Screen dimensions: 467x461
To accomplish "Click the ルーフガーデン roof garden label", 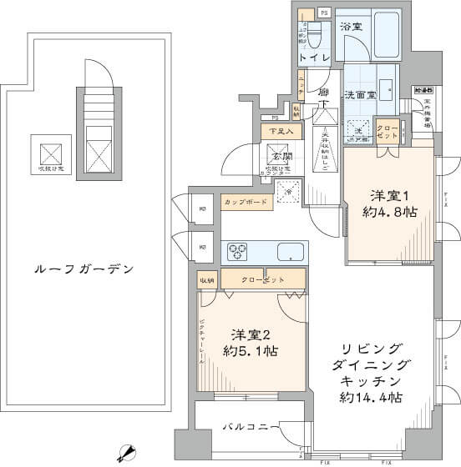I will click(84, 269).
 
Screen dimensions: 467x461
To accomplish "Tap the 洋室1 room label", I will click(390, 195).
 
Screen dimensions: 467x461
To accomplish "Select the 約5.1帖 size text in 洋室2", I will click(249, 351).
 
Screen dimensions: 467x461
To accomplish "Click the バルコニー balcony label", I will click(245, 427).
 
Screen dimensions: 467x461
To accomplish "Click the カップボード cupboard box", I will click(246, 202).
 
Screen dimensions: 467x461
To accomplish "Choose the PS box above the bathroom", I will click(323, 13).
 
